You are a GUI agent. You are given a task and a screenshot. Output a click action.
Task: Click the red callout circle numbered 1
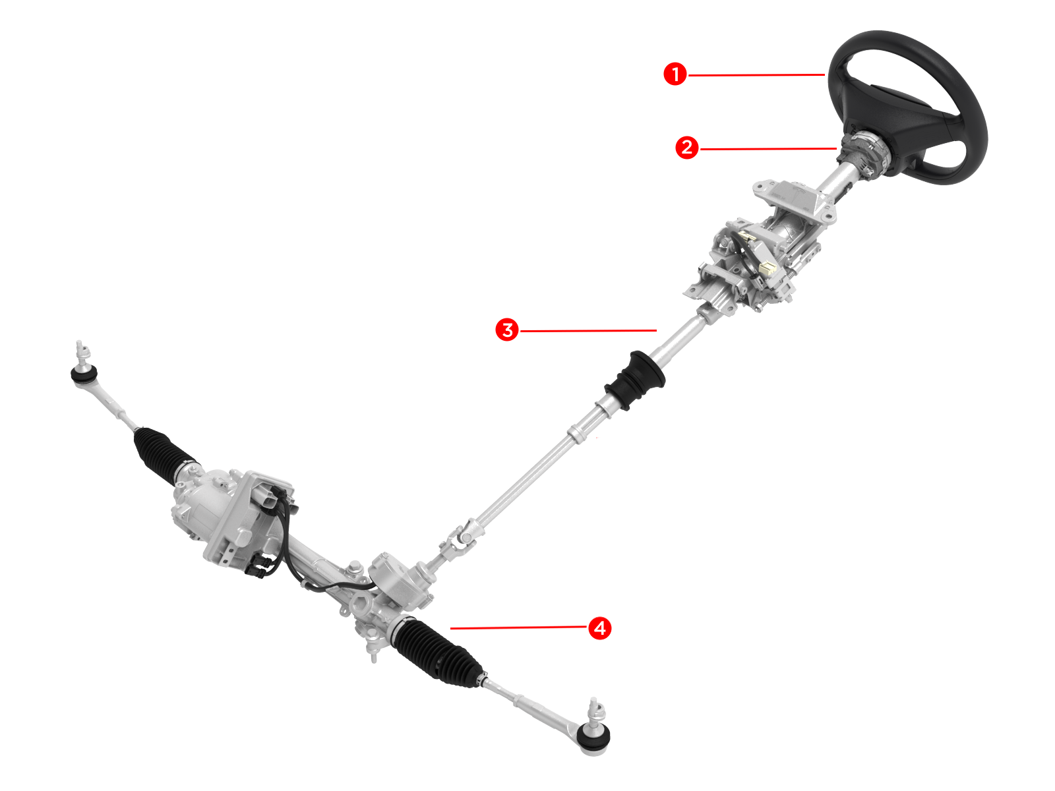[675, 74]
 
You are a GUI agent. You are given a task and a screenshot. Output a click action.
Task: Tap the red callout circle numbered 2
[687, 148]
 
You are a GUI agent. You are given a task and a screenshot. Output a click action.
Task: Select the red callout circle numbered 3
[507, 330]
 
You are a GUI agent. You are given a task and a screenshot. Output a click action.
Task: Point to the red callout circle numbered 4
[600, 628]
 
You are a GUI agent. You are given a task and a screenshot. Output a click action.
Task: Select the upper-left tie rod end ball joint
[84, 370]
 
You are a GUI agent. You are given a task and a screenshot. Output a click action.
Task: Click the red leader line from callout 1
[756, 75]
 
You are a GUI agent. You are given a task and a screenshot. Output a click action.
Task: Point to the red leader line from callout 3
[588, 330]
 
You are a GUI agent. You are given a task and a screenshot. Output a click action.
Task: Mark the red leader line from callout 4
[519, 628]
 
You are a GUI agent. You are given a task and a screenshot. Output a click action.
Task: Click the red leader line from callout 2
[768, 149]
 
